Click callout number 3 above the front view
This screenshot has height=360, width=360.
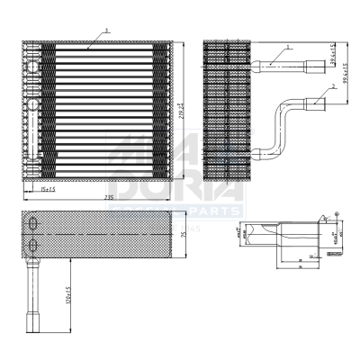(106, 30)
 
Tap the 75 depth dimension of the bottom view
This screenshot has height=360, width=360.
(179, 235)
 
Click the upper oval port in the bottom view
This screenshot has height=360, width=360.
(34, 224)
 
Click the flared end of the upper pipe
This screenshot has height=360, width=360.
(314, 64)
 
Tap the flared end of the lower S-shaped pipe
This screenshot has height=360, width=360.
(314, 103)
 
